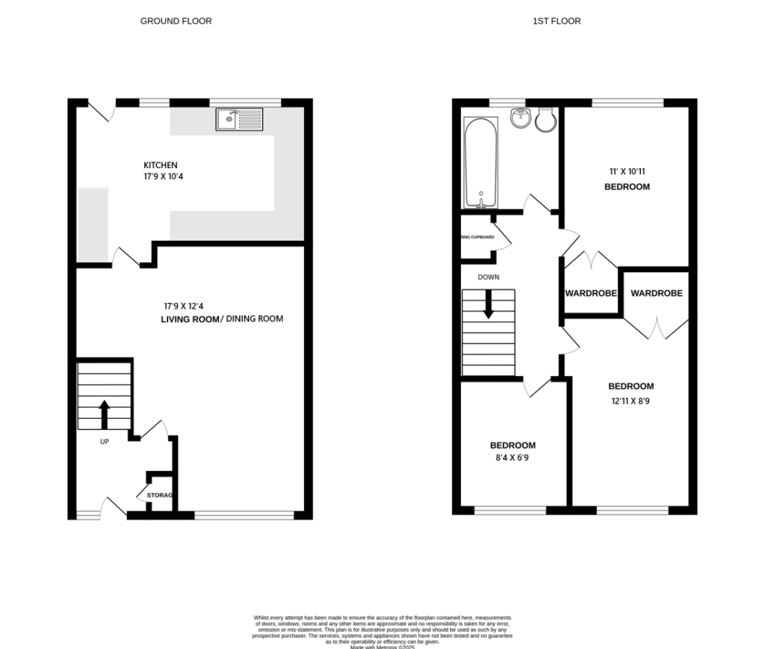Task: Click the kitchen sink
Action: (x=239, y=118)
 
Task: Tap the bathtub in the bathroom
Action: (x=481, y=162)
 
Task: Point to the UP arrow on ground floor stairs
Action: (x=104, y=413)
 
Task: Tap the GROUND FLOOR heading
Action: (x=176, y=21)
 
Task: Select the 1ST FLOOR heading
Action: (x=557, y=21)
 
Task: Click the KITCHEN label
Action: (x=161, y=165)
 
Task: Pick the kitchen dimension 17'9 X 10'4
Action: (x=161, y=177)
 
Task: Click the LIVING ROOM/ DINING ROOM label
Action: (x=222, y=319)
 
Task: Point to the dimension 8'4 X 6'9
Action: (x=513, y=458)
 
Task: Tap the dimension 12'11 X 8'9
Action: (x=631, y=400)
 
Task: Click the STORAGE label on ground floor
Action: (x=160, y=496)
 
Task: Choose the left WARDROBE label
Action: (x=591, y=294)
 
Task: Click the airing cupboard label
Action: (x=477, y=237)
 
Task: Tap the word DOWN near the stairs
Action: (x=489, y=277)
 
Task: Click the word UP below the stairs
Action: (x=105, y=442)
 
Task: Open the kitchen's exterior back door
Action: (x=102, y=111)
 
